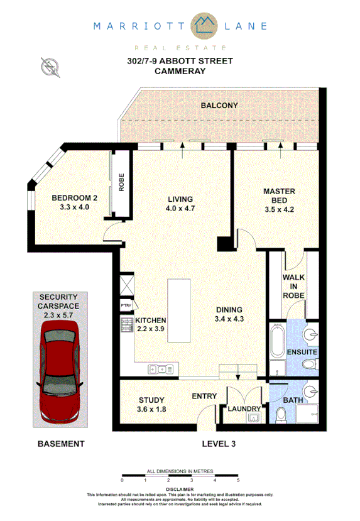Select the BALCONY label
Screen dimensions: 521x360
click(219, 106)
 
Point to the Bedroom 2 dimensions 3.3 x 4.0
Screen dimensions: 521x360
click(74, 206)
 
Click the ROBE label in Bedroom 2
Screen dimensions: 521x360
click(122, 182)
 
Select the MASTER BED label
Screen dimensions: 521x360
click(279, 195)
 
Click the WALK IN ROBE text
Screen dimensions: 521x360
click(294, 285)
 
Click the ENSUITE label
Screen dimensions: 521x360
click(303, 352)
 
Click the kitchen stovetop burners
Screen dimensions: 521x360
click(125, 325)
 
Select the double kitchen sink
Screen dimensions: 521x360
click(161, 370)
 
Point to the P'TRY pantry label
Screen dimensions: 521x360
click(125, 306)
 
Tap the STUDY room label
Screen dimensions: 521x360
click(151, 400)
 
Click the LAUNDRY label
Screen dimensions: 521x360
click(244, 409)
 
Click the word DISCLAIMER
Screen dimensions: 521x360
click(180, 488)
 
